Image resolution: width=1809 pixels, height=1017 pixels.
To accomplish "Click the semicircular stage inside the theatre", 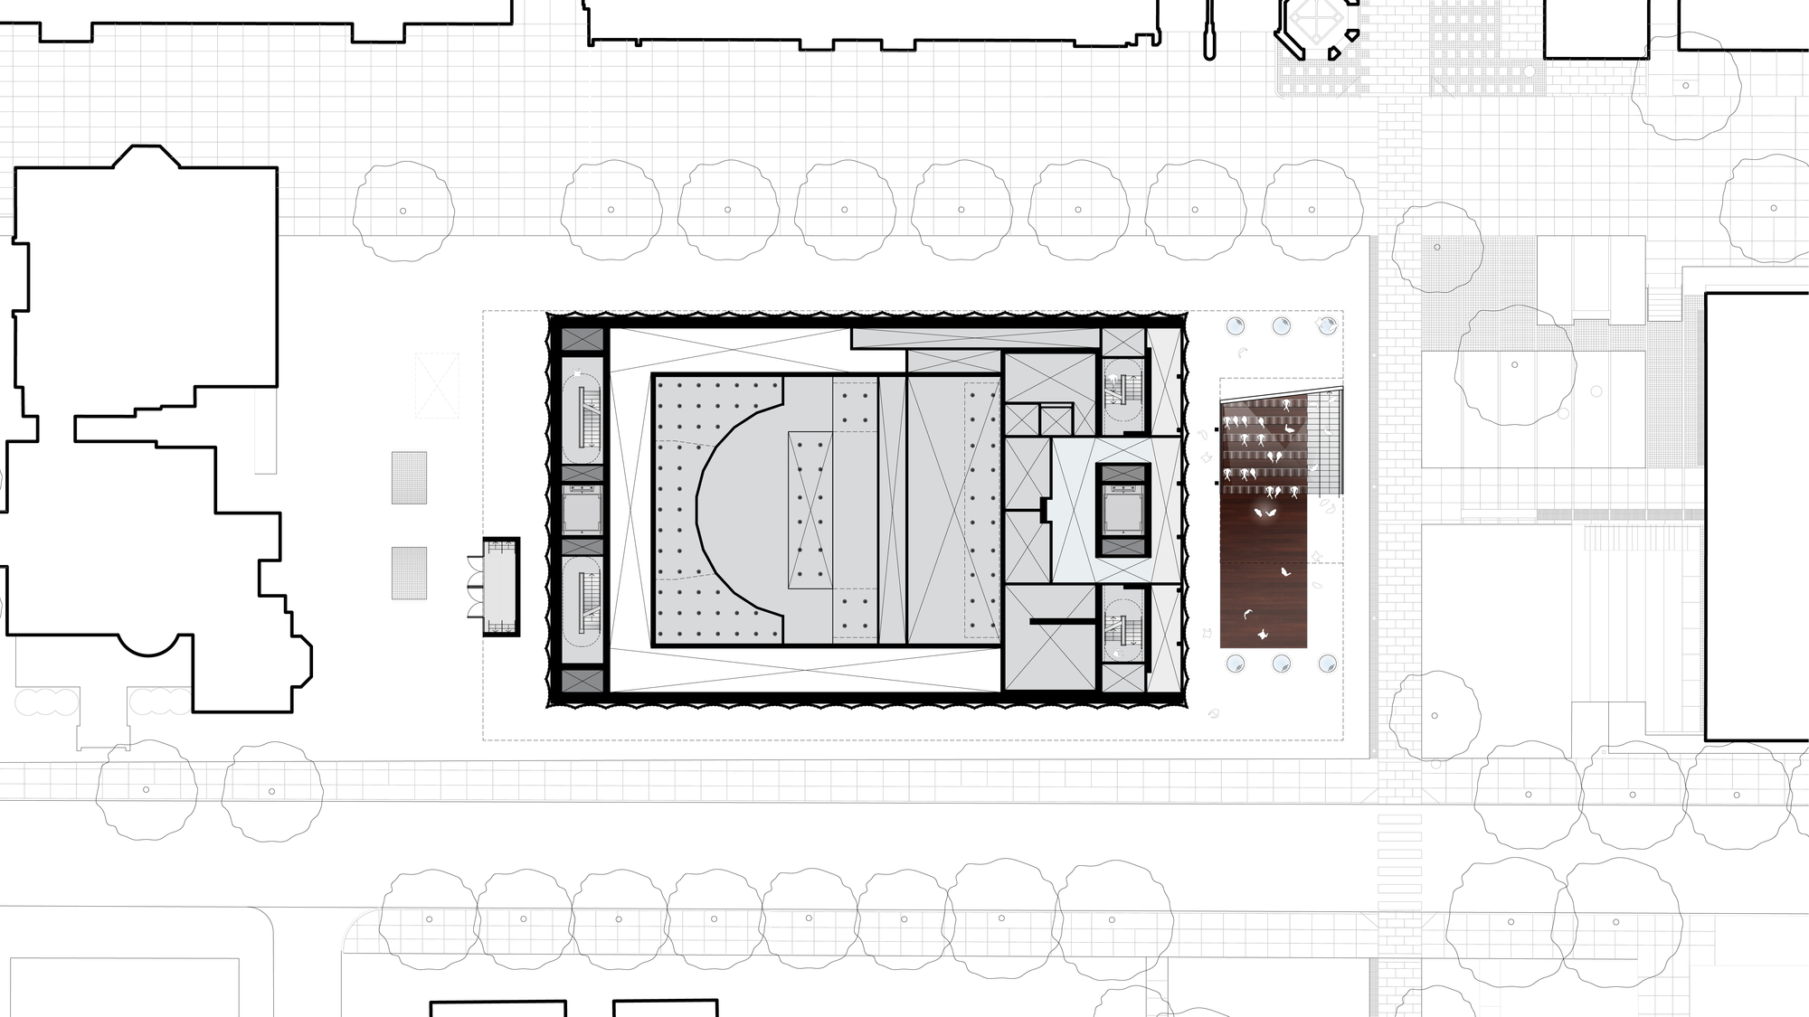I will [x=737, y=511].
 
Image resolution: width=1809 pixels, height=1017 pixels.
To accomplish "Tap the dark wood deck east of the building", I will [x=1264, y=570].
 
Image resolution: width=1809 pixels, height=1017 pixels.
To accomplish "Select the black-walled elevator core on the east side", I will [x=1123, y=511].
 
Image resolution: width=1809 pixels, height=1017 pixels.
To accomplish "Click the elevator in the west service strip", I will [x=582, y=511].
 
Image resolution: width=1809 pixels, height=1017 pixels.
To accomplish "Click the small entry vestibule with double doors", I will [x=500, y=588].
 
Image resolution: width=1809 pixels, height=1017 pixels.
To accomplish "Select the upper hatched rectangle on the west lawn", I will [x=409, y=477].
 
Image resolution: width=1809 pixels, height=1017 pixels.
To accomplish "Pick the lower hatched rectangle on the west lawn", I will [x=409, y=572].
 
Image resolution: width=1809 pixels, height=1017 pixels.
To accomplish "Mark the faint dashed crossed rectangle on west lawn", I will [x=437, y=386].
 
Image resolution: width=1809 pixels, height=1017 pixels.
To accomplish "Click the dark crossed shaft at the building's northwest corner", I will [x=582, y=340].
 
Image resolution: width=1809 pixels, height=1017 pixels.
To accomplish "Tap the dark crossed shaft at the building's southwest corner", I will [x=582, y=680].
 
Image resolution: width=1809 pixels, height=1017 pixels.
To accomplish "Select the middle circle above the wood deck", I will [x=1282, y=326].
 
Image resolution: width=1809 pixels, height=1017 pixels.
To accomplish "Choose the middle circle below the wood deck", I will [x=1282, y=664].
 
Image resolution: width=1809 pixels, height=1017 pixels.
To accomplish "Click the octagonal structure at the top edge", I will [x=1317, y=27].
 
